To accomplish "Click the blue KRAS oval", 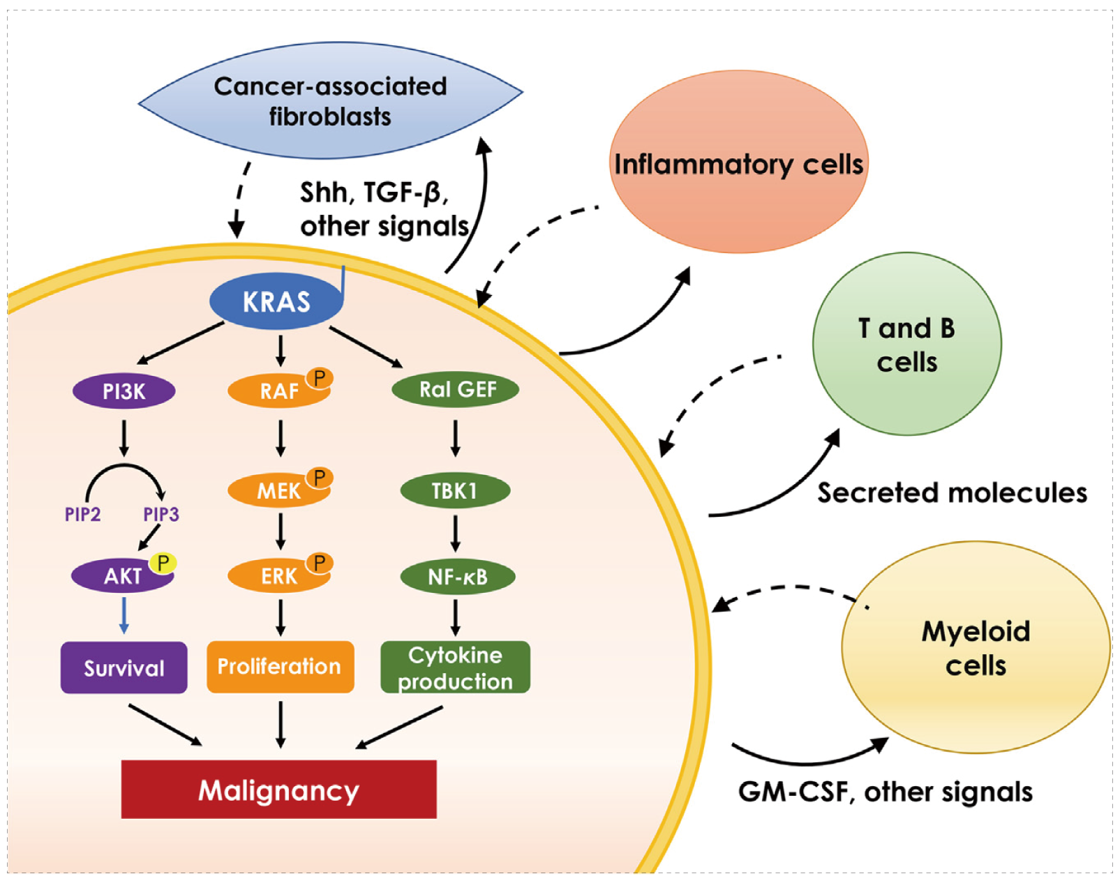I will point(276,301).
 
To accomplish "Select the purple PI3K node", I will point(124,391).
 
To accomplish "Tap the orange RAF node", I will point(278,391).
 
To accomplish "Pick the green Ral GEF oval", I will point(456,389).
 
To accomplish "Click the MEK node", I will point(278,491).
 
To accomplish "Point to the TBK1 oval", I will point(455,491).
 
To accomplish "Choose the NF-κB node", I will point(458,577).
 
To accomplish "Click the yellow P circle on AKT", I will point(163,563).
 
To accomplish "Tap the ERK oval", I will point(278,577).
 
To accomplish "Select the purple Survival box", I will point(124,667).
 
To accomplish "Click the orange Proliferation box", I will point(280,667).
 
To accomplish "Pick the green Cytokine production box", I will point(455,667).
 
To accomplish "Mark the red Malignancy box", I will point(278,790).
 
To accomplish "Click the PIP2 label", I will point(82,515).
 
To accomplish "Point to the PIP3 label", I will point(161,515).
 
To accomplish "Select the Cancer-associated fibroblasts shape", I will point(330,101).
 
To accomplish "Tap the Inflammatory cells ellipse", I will point(738,163).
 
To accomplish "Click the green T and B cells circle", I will point(906,345).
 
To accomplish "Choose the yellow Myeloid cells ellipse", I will point(976,648).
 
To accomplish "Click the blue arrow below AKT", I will point(124,614).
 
